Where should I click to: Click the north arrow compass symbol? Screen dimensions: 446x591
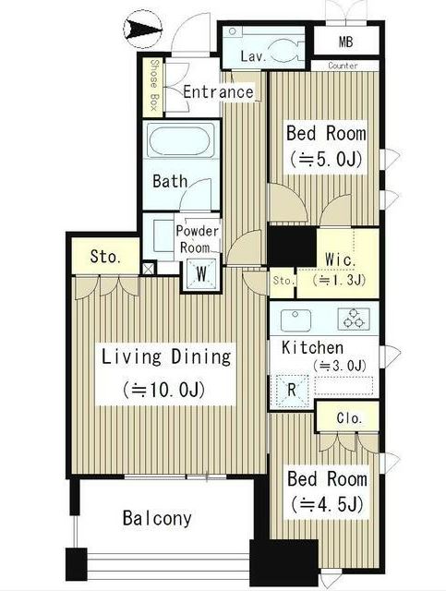click(142, 30)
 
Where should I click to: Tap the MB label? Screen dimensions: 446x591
click(345, 42)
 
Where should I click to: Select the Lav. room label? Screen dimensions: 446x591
click(253, 56)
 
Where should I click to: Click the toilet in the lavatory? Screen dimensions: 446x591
click(285, 50)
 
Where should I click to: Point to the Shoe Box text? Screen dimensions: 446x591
click(154, 85)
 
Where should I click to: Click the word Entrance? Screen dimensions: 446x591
click(218, 92)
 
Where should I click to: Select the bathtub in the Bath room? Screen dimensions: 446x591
click(180, 140)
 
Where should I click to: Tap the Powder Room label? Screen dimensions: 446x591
click(198, 239)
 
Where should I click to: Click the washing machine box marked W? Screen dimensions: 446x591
click(201, 274)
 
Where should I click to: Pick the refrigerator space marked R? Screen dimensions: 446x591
click(292, 391)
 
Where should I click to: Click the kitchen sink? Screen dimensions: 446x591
click(296, 320)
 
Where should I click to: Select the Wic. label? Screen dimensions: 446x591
click(341, 260)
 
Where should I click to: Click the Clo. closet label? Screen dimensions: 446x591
click(349, 418)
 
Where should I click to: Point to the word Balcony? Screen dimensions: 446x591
click(157, 518)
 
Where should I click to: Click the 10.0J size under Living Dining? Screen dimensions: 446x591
click(164, 390)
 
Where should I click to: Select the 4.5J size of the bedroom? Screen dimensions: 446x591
click(327, 504)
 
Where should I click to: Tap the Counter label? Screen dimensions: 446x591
click(343, 66)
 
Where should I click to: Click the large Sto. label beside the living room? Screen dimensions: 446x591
click(105, 257)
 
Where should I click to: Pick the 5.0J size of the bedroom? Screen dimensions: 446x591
click(327, 159)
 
